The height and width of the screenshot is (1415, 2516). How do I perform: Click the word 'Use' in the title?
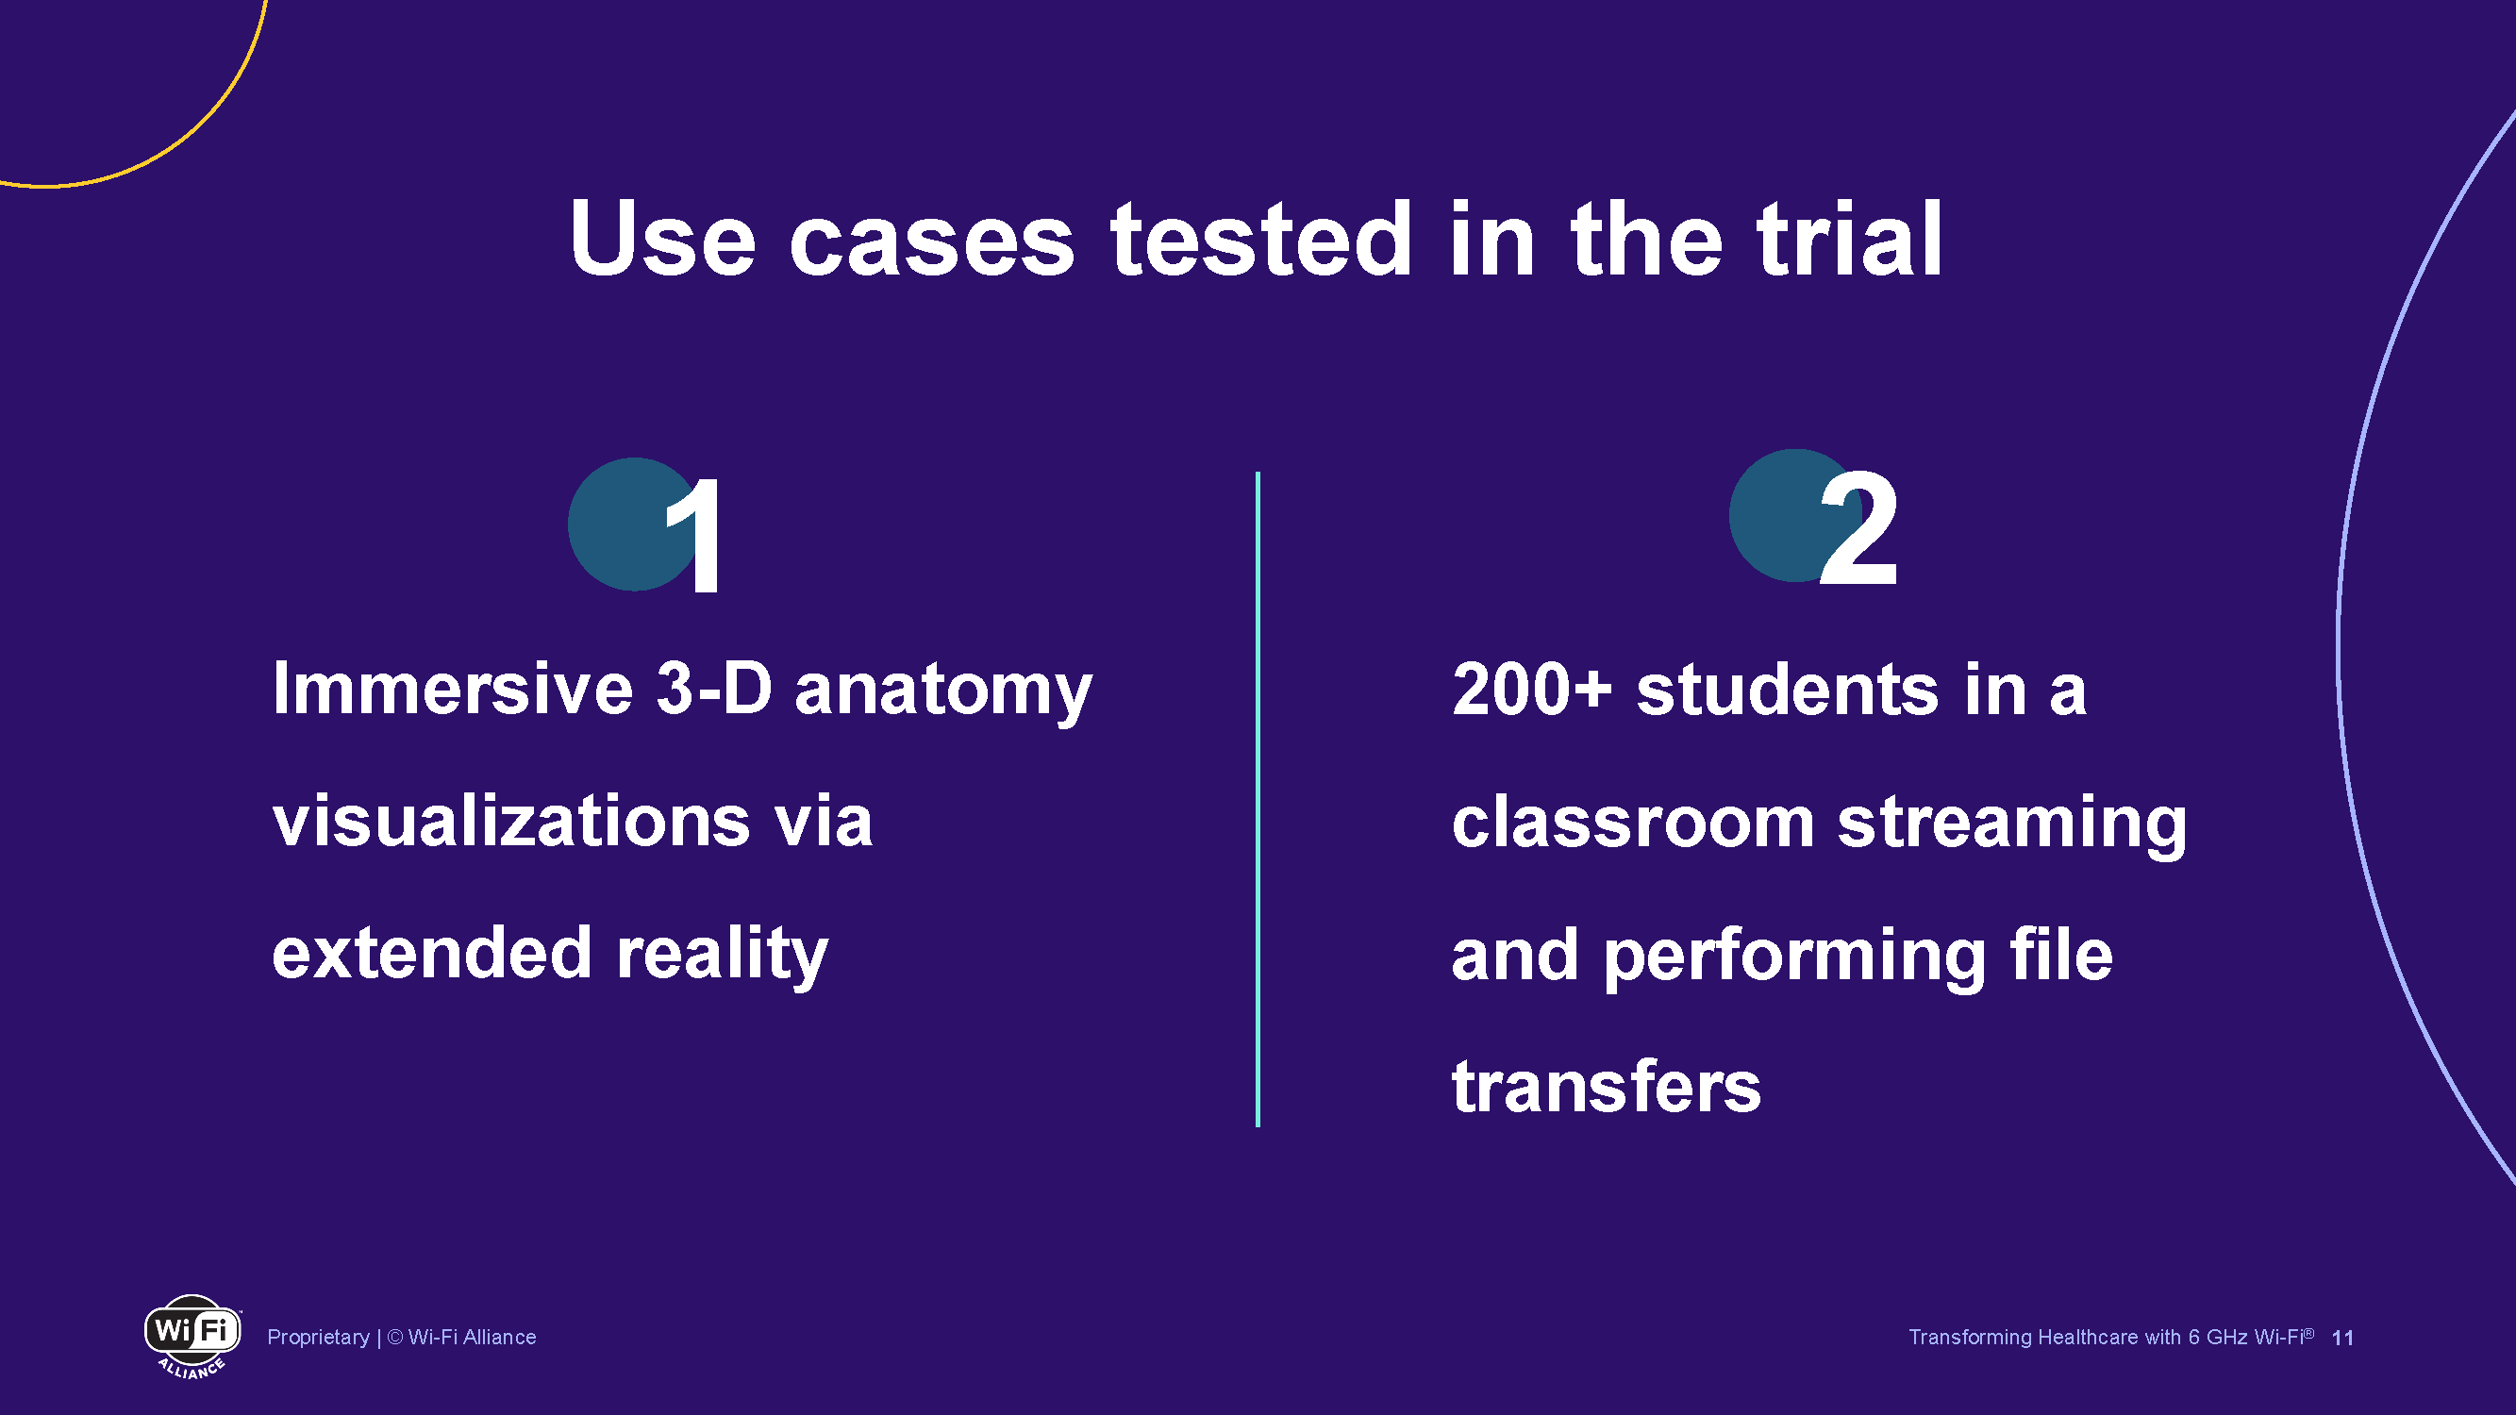click(x=662, y=239)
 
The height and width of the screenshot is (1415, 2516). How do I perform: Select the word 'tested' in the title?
click(x=1261, y=239)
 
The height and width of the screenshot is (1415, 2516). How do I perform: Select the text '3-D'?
click(x=714, y=689)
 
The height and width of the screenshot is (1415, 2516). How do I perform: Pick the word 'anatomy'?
click(x=943, y=691)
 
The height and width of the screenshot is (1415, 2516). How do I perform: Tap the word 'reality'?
click(x=723, y=954)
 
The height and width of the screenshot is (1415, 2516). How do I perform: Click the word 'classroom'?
click(x=1633, y=822)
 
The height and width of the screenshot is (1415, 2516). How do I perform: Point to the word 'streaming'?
click(x=2012, y=824)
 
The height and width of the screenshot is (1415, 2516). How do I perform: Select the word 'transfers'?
click(x=1607, y=1087)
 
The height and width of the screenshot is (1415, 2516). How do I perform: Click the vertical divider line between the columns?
click(x=1258, y=799)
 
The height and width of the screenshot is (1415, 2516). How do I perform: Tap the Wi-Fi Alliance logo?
click(x=192, y=1336)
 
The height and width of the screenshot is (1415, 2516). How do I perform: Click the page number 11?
click(x=2342, y=1338)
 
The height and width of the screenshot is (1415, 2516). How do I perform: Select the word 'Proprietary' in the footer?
click(x=319, y=1337)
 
